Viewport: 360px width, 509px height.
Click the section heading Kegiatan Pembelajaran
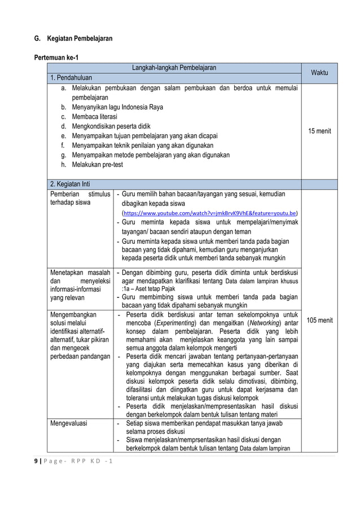pyautogui.click(x=73, y=38)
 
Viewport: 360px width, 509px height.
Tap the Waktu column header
pyautogui.click(x=319, y=73)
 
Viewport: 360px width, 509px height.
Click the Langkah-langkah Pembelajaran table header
pyautogui.click(x=174, y=68)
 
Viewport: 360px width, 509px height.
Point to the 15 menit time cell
pyautogui.click(x=319, y=131)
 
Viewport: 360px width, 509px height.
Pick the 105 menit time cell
pyautogui.click(x=319, y=321)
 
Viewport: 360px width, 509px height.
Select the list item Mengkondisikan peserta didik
pyautogui.click(x=111, y=126)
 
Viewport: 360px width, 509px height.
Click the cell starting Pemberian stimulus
pyautogui.click(x=80, y=199)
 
